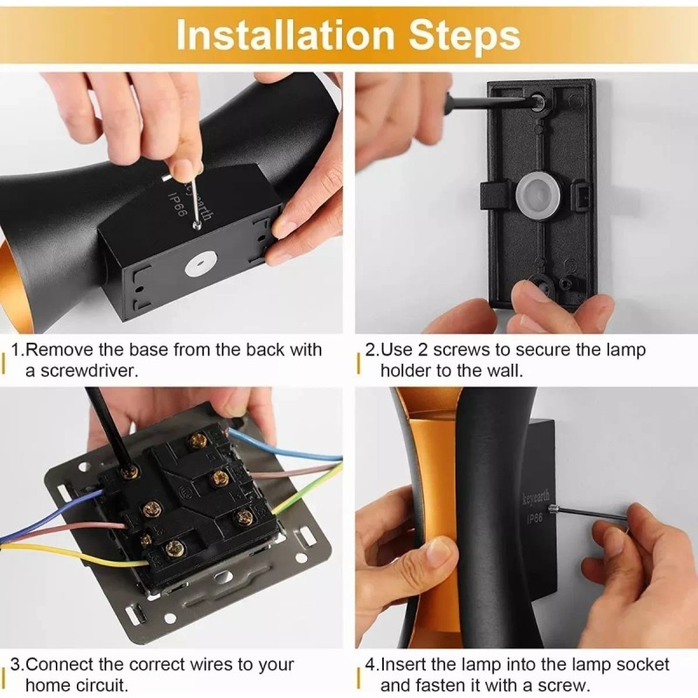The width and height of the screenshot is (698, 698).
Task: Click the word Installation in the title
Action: pyautogui.click(x=285, y=35)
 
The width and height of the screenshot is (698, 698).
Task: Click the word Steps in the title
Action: pyautogui.click(x=464, y=37)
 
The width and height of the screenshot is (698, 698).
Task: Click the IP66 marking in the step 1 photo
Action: pyautogui.click(x=176, y=205)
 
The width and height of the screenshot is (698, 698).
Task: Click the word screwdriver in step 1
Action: pyautogui.click(x=88, y=370)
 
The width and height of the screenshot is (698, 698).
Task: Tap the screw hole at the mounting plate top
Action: pyautogui.click(x=537, y=101)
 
